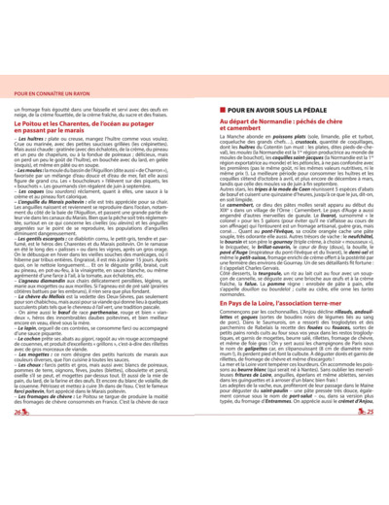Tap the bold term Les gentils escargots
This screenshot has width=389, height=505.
pos(43,264)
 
